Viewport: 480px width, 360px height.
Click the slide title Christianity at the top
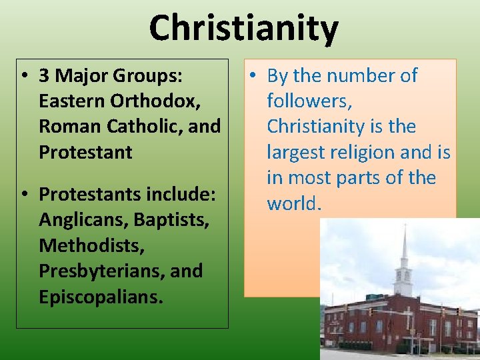(243, 28)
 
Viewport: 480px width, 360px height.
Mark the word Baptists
(167, 219)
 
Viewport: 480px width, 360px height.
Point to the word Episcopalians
(101, 296)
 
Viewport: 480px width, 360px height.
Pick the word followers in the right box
(309, 101)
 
